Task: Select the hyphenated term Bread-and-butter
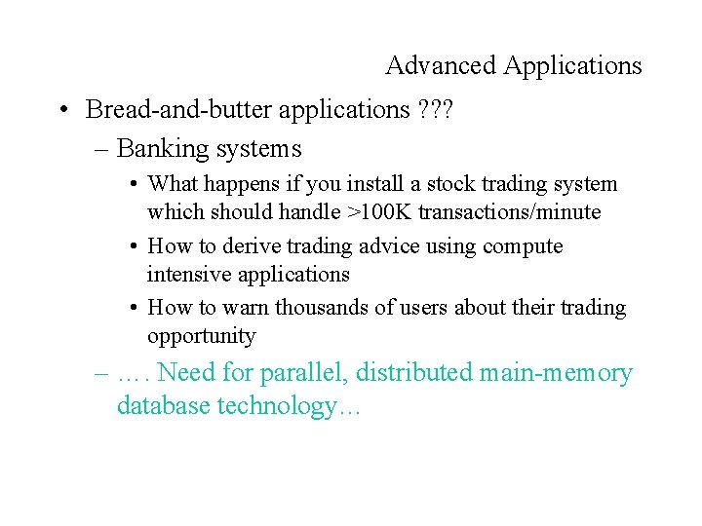click(178, 110)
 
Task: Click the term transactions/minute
click(510, 211)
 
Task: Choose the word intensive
click(189, 274)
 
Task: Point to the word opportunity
click(201, 337)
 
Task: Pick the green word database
click(163, 405)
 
